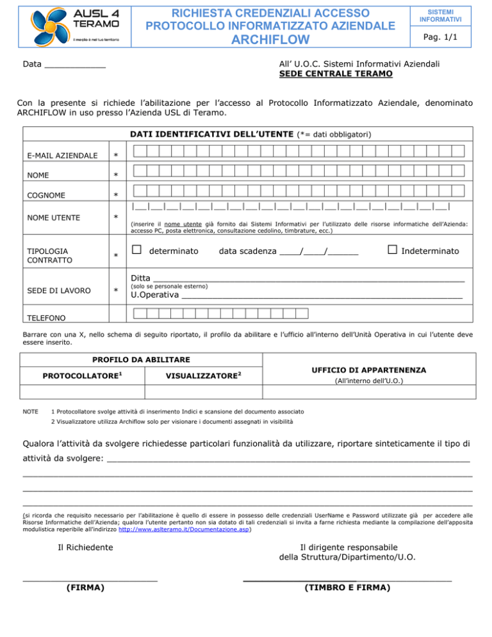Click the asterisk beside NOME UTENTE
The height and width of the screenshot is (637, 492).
(116, 218)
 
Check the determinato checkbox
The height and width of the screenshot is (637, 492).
(135, 249)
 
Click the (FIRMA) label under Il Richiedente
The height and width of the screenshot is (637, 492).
(86, 587)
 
